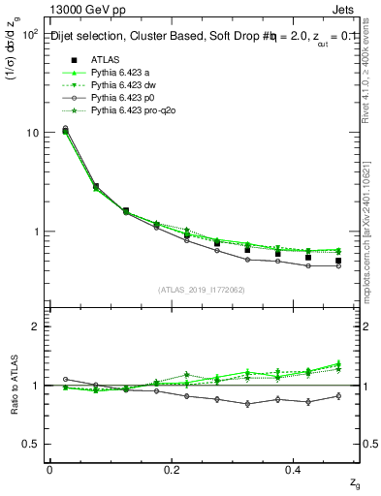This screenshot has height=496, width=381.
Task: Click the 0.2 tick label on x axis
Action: click(x=172, y=470)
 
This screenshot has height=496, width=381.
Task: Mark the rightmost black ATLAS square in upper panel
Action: click(x=338, y=261)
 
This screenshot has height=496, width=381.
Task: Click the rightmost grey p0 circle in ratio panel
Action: click(x=338, y=395)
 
